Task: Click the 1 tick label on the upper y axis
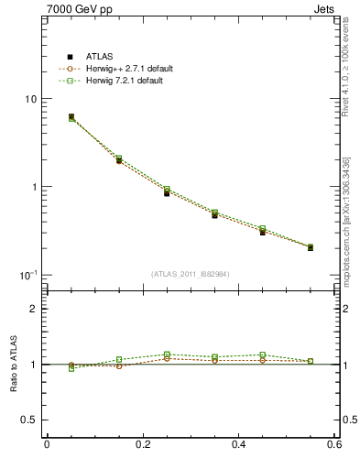tap(33, 187)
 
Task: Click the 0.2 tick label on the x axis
tap(142, 444)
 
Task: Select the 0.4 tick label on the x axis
tap(239, 444)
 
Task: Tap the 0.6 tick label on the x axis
tap(334, 444)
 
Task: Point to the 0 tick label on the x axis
tap(47, 444)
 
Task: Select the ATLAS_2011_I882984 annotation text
tap(190, 273)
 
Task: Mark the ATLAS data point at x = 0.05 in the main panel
tap(71, 117)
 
